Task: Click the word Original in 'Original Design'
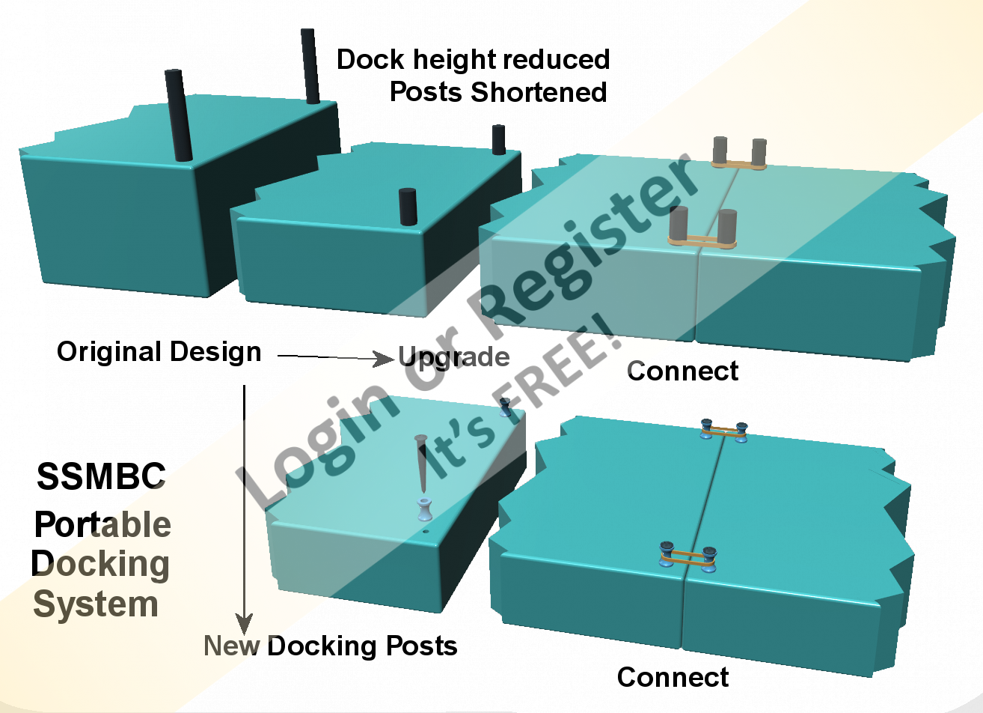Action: click(108, 352)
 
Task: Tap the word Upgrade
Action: click(454, 357)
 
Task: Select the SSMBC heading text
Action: click(101, 476)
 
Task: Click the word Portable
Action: click(102, 525)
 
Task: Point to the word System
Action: click(96, 604)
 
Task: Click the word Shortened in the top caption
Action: click(539, 92)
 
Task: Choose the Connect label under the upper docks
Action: click(682, 371)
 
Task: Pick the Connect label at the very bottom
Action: click(673, 677)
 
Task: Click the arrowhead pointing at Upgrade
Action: click(385, 359)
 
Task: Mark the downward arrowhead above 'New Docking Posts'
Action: click(244, 623)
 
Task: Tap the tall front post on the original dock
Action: click(178, 115)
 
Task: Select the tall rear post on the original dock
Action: click(310, 66)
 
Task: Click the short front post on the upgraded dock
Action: click(408, 207)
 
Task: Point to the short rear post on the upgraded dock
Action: click(499, 139)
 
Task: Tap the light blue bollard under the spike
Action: click(425, 509)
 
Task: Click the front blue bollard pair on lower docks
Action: click(688, 556)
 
